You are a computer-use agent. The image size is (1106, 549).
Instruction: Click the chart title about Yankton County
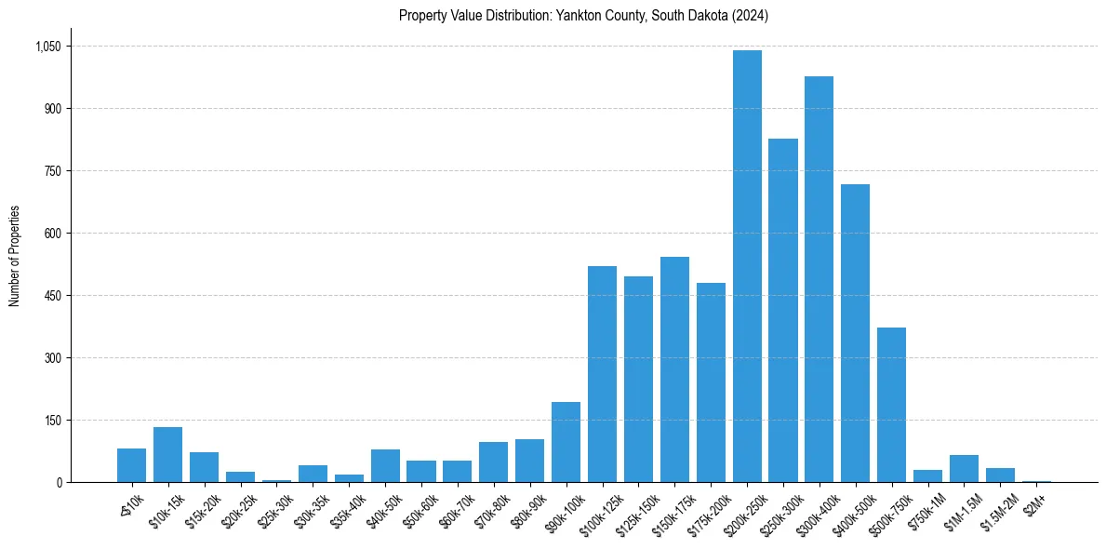tap(583, 16)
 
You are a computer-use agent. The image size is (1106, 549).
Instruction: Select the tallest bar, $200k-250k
tap(747, 266)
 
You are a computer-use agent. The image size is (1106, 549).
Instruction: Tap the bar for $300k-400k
tap(820, 279)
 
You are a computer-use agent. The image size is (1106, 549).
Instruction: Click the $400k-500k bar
tap(856, 333)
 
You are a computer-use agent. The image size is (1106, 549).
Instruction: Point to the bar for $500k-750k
tap(891, 405)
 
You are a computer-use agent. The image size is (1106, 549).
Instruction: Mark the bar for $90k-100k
tap(566, 442)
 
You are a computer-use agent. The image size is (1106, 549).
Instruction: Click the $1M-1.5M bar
tap(964, 468)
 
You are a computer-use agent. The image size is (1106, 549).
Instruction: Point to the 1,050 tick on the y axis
tap(47, 47)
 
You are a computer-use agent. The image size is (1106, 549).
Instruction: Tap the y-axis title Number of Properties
tap(14, 255)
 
